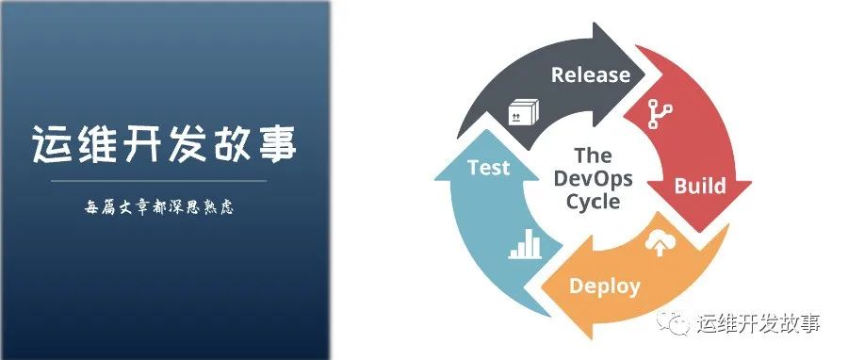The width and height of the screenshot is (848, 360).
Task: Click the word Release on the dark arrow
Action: pos(590,74)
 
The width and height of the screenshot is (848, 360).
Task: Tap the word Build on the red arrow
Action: pos(699,186)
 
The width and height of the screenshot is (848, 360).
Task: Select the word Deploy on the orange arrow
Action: pos(604,286)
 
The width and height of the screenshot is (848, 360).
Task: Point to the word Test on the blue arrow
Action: pos(488,169)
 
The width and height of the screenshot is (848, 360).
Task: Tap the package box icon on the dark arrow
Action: pos(519,113)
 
